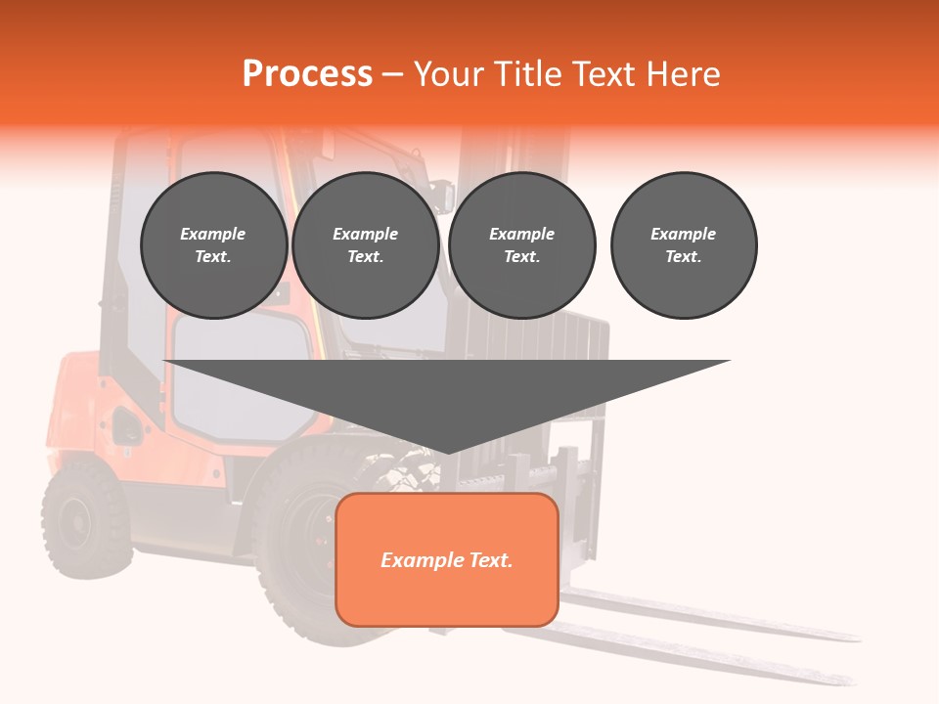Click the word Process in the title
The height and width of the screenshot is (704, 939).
(x=307, y=74)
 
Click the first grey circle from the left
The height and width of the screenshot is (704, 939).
(x=213, y=244)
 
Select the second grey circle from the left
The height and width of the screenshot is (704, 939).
(x=365, y=244)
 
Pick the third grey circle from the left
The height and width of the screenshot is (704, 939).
(x=521, y=244)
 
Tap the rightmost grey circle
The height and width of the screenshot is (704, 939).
(x=683, y=244)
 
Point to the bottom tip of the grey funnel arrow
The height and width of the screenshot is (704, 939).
(x=447, y=452)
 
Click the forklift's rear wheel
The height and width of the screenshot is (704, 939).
(x=85, y=518)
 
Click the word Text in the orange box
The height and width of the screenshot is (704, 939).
(x=489, y=560)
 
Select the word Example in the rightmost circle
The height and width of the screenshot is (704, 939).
(x=683, y=234)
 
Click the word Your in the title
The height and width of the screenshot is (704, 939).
(x=450, y=74)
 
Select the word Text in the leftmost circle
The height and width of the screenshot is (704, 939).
(x=213, y=257)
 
